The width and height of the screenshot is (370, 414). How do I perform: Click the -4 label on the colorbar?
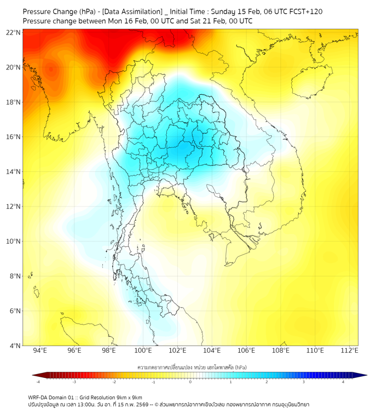(x=38, y=382)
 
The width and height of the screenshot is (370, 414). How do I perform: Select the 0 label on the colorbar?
(x=190, y=382)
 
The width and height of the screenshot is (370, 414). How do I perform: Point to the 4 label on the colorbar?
(x=343, y=382)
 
